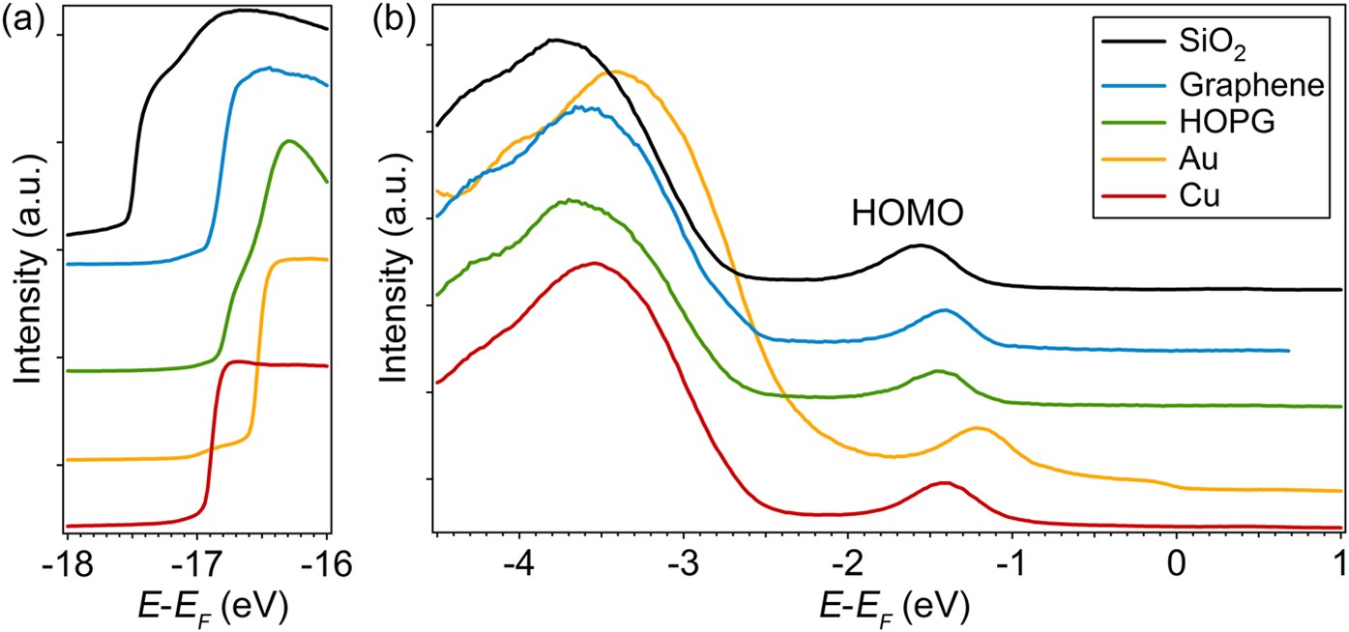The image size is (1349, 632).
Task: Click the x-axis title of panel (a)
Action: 197,606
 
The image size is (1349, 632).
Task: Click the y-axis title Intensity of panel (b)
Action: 396,280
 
